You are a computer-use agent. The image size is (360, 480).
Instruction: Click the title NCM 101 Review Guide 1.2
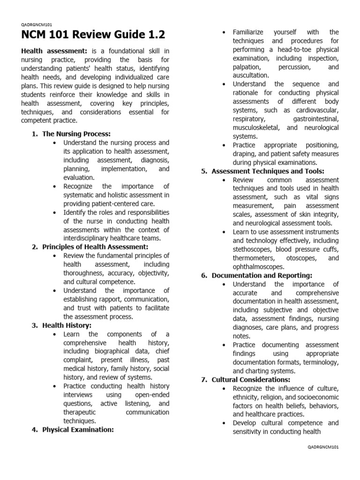coord(93,35)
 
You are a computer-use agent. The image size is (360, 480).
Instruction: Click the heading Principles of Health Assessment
coord(95,247)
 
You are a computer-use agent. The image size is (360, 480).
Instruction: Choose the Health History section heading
coord(67,325)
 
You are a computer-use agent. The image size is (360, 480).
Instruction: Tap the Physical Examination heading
coord(78,429)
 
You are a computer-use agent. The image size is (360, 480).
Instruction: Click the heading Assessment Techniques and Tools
coord(268,171)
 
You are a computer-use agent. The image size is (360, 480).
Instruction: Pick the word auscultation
coord(251,75)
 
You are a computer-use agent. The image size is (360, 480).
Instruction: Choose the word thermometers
coord(256,258)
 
